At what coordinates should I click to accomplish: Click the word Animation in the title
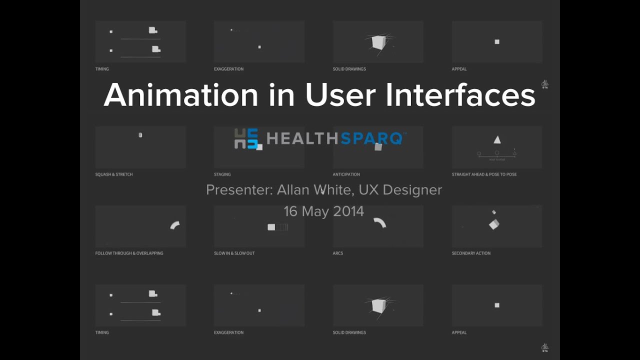pos(181,94)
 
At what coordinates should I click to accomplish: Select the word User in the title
pos(341,94)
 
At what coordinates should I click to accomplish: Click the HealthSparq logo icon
pos(246,138)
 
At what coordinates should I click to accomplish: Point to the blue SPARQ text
pos(373,138)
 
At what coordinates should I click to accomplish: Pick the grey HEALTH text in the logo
pos(303,138)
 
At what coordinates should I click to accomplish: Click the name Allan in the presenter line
pos(293,190)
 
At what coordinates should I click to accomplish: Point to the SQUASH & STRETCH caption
pos(114,174)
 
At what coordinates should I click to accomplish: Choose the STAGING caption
pos(222,174)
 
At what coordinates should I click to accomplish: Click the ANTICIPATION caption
pos(346,174)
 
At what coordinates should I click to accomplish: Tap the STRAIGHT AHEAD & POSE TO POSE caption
pos(484,174)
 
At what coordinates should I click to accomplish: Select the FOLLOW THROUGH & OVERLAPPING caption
pos(129,253)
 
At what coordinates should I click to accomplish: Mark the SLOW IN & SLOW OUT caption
pos(234,253)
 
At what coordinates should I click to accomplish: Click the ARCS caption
pos(338,253)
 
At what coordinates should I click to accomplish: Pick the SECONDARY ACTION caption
pos(471,253)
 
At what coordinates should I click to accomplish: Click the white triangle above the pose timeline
pos(497,140)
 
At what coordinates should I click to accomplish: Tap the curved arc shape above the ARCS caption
pos(380,222)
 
